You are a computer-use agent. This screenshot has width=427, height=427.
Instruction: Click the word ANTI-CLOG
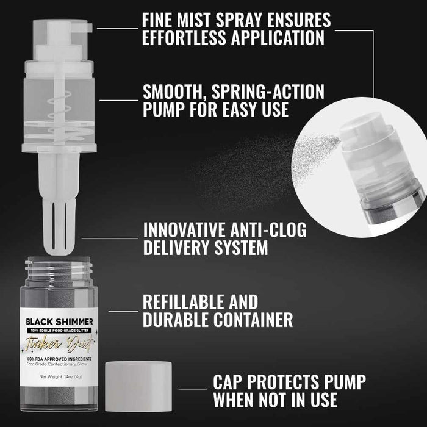coord(259,231)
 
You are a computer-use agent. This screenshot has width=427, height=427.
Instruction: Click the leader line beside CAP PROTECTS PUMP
coord(189,388)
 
